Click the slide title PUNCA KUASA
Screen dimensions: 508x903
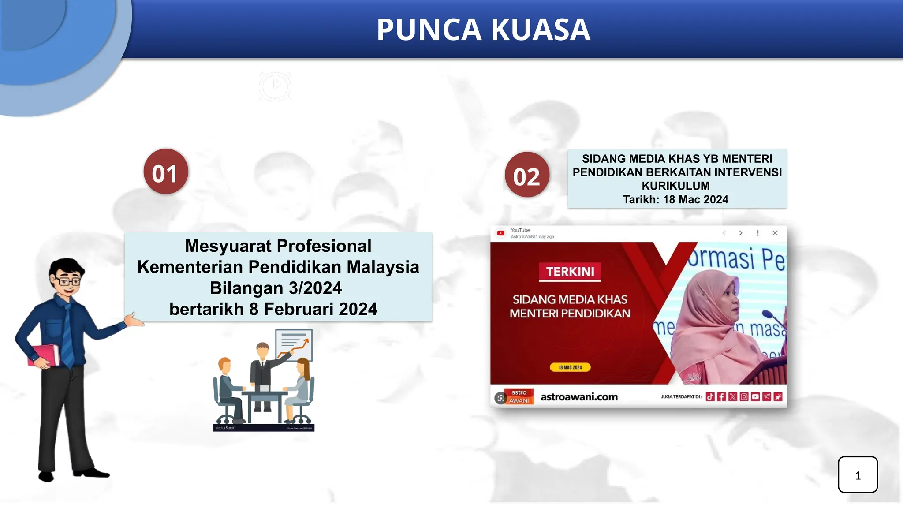[483, 30]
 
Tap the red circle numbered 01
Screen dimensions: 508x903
[166, 172]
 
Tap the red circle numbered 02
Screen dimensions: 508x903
[527, 175]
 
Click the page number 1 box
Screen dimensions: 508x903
[858, 474]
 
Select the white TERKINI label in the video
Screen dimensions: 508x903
[570, 272]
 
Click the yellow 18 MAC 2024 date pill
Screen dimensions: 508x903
[570, 367]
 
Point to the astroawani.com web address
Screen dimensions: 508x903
[579, 397]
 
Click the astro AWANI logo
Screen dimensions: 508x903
[519, 396]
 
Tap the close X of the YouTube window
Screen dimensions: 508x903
[775, 233]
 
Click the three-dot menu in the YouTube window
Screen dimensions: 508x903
[757, 233]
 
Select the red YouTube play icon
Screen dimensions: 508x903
[500, 233]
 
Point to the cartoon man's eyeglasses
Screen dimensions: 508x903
[67, 280]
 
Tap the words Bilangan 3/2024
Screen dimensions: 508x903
[276, 288]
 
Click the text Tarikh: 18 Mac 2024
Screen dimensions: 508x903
[675, 200]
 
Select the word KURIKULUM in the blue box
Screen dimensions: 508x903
[675, 186]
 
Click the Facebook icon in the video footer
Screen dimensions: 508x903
[721, 397]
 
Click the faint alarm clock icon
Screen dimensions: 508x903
[275, 86]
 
